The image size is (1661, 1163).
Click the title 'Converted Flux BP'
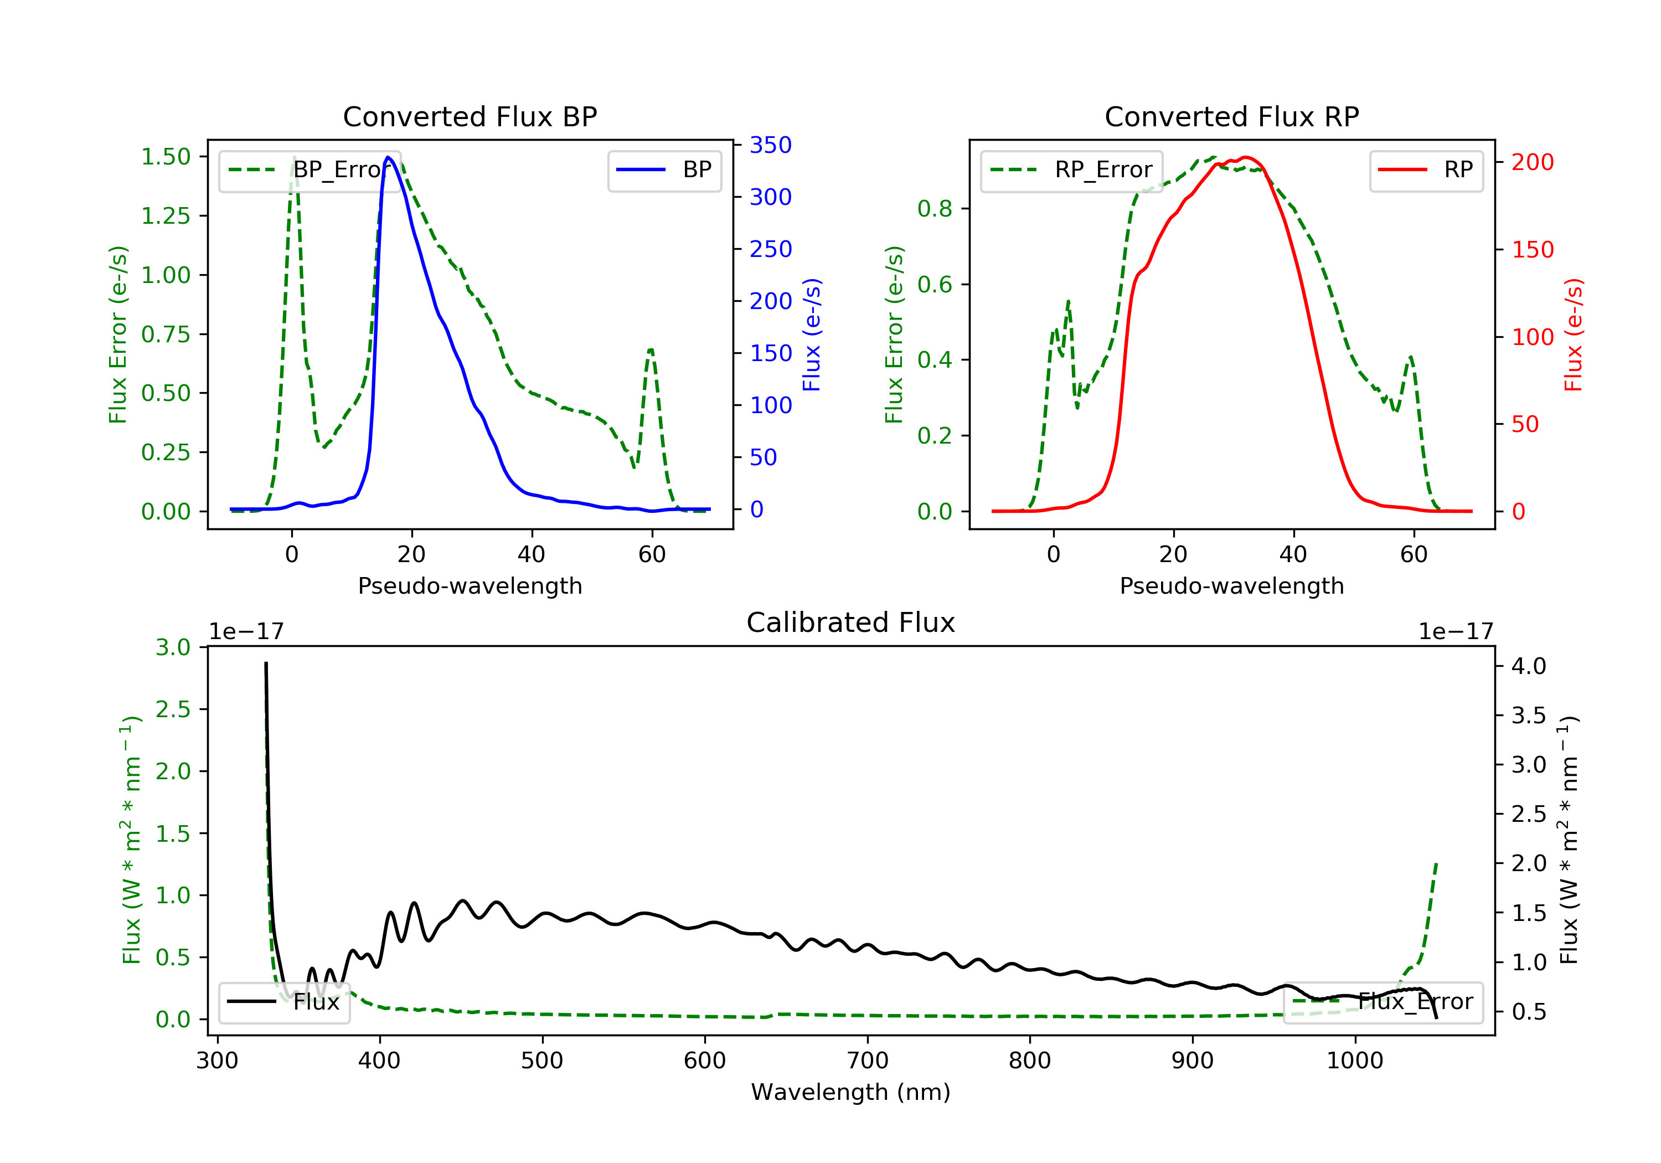(470, 116)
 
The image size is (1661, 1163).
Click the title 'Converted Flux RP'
(1231, 116)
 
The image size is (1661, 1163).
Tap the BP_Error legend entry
(309, 170)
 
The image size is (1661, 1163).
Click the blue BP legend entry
(664, 170)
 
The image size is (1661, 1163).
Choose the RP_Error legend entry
(1071, 170)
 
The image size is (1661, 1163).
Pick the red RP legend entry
(1426, 170)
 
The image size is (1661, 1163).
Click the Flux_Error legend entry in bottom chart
(1383, 1002)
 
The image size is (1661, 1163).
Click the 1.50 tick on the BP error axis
(166, 157)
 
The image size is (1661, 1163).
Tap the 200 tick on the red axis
(1532, 162)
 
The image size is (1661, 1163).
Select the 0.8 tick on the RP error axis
(934, 209)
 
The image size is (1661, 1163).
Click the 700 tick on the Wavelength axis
(868, 1061)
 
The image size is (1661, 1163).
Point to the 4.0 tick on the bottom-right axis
(1529, 666)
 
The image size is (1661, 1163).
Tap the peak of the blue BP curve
(389, 157)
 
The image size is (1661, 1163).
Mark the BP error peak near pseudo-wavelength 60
(651, 350)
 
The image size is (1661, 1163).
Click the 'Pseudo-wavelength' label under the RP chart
(1231, 586)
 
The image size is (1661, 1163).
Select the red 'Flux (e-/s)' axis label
(1574, 335)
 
